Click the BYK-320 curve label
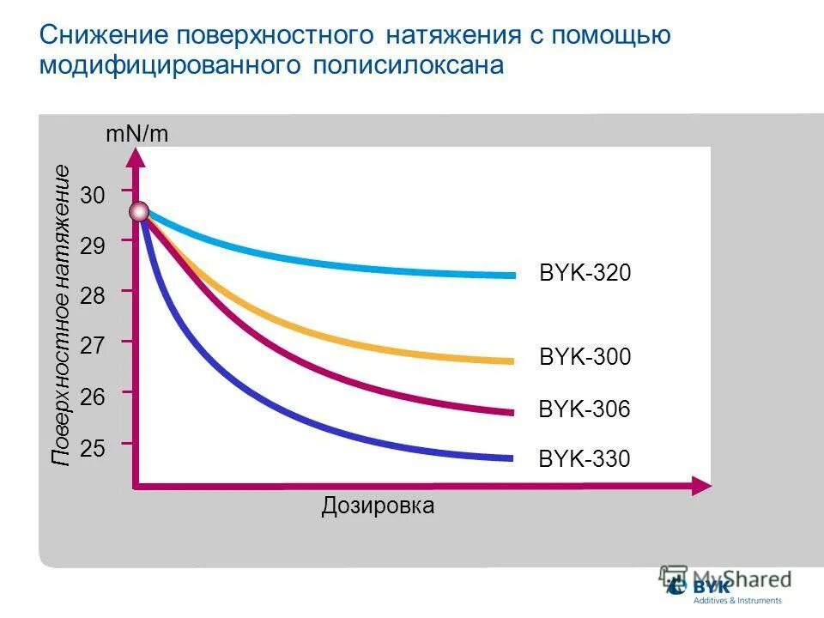tap(585, 274)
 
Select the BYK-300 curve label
tap(585, 357)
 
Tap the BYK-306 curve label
tap(585, 410)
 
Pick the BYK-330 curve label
tap(585, 460)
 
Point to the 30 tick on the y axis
tap(93, 196)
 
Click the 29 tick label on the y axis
tap(93, 246)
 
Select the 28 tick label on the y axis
tap(93, 296)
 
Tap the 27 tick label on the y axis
tap(93, 346)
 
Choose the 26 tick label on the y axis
tap(93, 397)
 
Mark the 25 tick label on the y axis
tap(93, 447)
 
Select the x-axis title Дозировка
tap(378, 506)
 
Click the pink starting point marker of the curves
tap(139, 211)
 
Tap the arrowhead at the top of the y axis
tap(136, 156)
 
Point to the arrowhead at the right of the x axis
tap(704, 487)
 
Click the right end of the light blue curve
tap(512, 276)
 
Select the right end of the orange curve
tap(512, 361)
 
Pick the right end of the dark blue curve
tap(511, 457)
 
